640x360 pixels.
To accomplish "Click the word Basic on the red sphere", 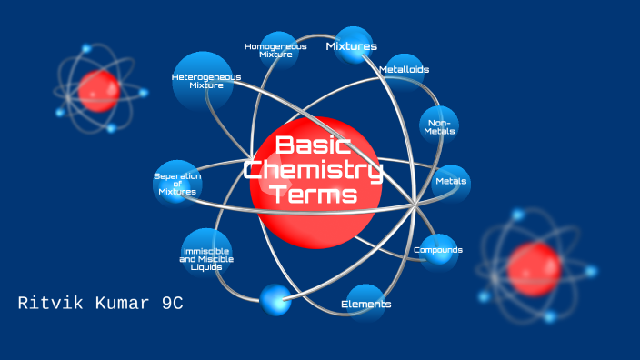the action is point(314,145).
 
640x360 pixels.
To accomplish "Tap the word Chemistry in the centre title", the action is point(314,169).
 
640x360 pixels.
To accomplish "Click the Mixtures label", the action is point(352,46).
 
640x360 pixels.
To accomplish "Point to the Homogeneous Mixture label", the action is point(275,50).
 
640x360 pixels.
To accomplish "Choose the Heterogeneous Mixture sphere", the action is point(205,81).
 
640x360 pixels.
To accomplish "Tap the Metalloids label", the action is point(404,69).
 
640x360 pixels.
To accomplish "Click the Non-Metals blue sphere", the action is point(438,126).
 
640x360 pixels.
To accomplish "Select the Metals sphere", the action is point(451,181).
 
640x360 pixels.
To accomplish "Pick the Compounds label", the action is point(438,250).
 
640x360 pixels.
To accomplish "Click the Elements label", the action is point(365,304).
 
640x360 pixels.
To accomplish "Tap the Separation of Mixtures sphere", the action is point(177,183).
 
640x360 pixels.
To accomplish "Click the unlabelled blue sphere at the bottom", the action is point(275,299).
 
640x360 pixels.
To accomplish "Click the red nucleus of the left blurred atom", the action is point(97,90).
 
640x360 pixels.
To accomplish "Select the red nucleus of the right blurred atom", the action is point(533,269).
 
